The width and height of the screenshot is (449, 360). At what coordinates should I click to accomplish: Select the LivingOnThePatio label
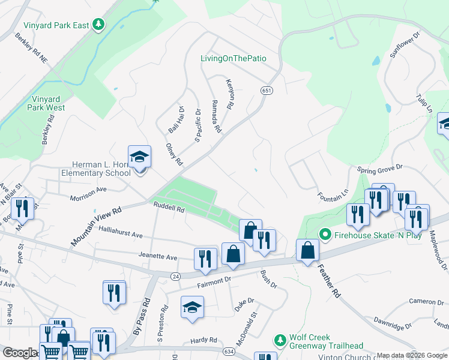(x=233, y=58)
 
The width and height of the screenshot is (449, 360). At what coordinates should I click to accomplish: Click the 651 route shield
(x=267, y=90)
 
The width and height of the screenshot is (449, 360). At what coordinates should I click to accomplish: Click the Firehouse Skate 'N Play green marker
(x=325, y=233)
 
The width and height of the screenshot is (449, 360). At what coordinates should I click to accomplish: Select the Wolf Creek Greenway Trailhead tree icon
(x=280, y=340)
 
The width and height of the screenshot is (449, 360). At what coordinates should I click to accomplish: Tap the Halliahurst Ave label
(x=121, y=236)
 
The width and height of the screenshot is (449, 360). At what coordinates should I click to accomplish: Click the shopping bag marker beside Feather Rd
(x=307, y=251)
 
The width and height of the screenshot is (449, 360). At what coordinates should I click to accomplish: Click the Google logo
(x=19, y=353)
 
